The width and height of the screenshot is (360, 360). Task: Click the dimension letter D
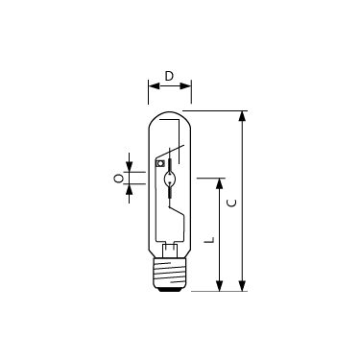(169, 76)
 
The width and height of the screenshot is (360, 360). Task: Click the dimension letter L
(209, 240)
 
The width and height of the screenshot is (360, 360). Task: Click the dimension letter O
(119, 179)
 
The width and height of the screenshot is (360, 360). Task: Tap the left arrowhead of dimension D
(154, 85)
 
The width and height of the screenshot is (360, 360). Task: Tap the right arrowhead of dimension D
(185, 85)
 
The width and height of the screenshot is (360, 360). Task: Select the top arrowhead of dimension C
(243, 116)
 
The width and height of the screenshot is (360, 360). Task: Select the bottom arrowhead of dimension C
(243, 286)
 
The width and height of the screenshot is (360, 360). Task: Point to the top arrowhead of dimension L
(219, 183)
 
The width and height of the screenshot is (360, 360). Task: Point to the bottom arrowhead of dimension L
(219, 286)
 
